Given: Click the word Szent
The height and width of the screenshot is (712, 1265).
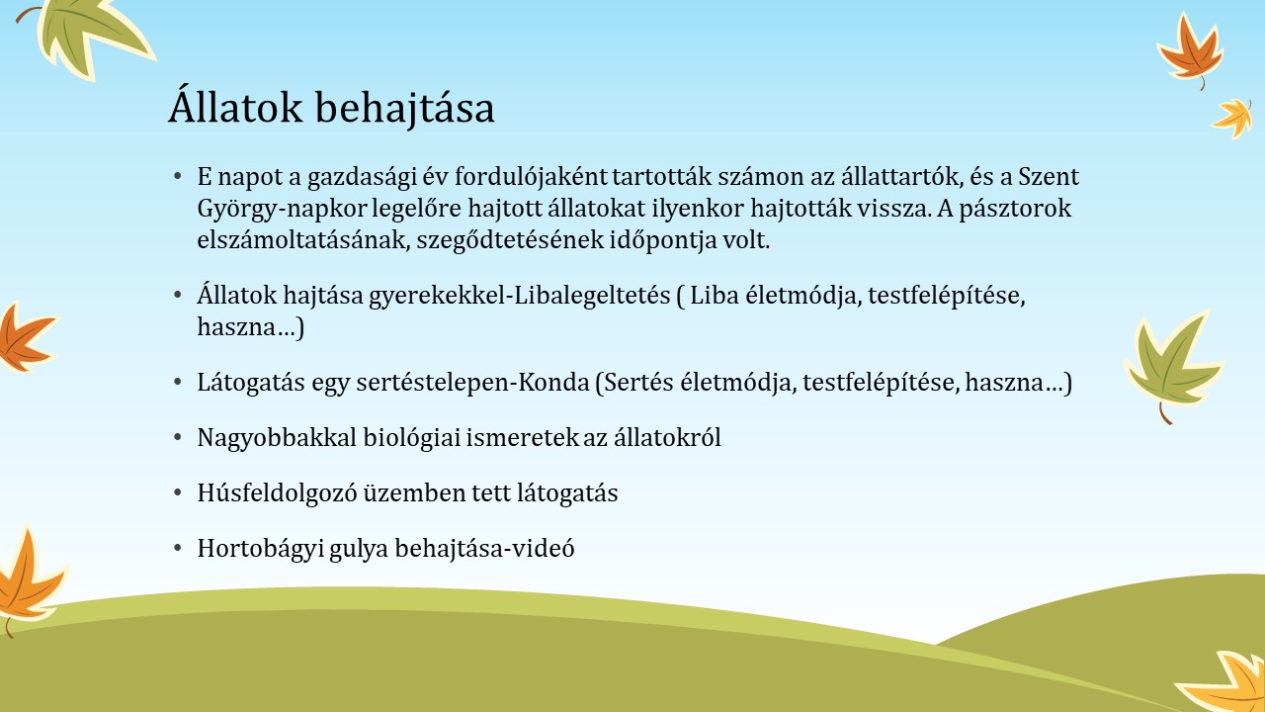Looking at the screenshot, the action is coord(1049,176).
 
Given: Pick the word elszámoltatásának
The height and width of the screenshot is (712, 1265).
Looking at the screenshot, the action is coord(302,240).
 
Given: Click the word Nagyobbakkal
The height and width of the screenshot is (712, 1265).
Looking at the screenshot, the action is coord(277,438).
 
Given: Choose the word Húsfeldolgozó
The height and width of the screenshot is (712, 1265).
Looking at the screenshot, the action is coord(278,493).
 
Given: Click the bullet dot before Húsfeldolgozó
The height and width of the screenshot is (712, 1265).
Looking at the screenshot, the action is coord(178,492).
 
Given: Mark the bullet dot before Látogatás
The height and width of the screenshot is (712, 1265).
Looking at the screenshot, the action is coord(178,382).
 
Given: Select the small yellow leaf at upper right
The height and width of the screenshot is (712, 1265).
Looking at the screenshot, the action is coord(1233,118).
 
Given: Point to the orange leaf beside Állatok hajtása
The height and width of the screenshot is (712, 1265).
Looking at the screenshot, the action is coord(26,338).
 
